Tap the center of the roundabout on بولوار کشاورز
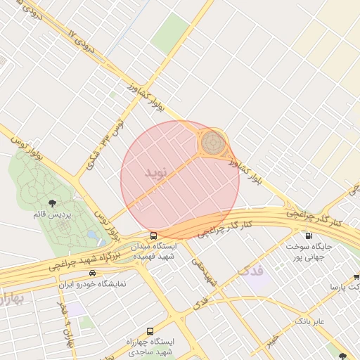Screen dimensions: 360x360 pos(213,143)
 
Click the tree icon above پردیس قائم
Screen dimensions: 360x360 pos(53,203)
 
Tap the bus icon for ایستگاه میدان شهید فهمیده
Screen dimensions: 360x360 pos(153,236)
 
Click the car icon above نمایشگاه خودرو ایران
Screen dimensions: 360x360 pos(92,273)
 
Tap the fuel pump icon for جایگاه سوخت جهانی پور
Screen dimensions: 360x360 pos(307,236)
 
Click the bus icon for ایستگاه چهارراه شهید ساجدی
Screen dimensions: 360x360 pos(149,331)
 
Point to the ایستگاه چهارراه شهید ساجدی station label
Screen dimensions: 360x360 pos(149,346)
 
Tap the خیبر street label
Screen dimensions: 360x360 pos(273,340)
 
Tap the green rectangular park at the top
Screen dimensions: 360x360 pos(169,33)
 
